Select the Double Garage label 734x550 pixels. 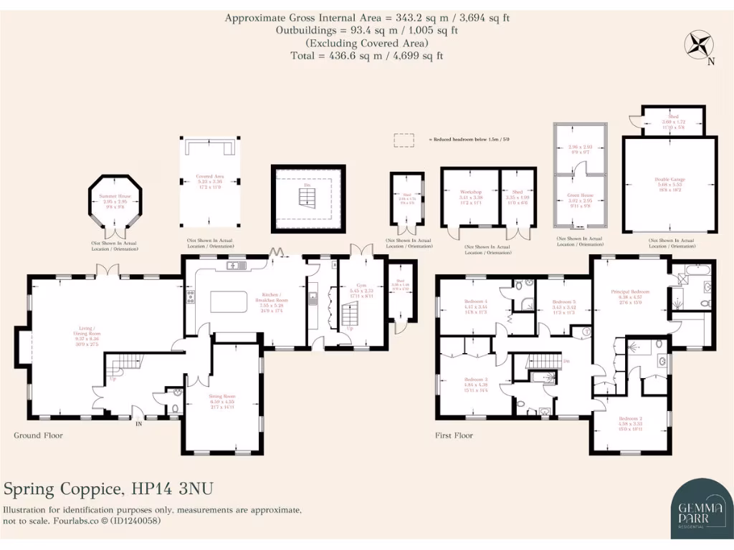(669, 180)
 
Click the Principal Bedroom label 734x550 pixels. (630, 292)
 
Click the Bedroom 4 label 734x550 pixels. (476, 301)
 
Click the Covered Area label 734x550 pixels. (210, 175)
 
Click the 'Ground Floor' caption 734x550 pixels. (39, 435)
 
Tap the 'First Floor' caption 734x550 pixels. (454, 435)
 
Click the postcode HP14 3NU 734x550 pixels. (172, 489)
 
